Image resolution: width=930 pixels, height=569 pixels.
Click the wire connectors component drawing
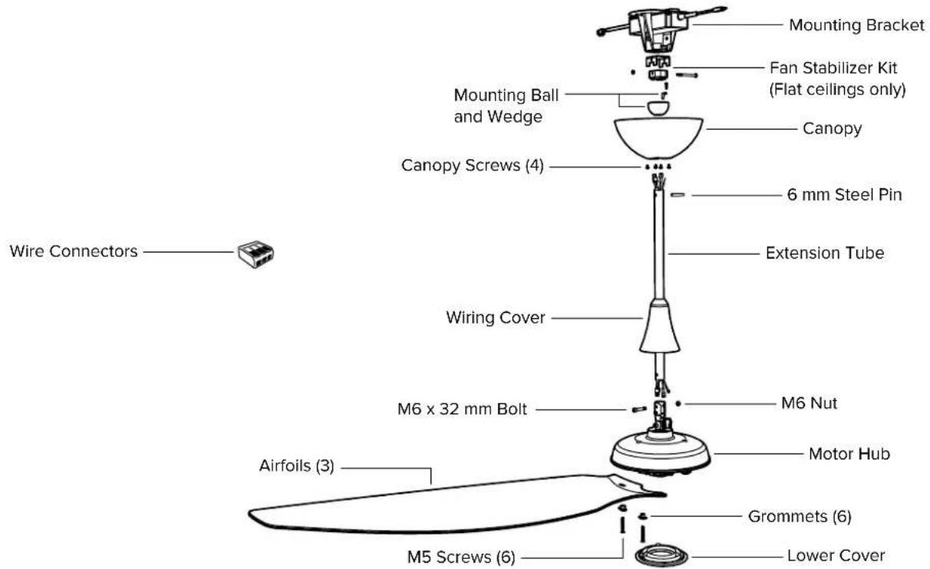pos(256,254)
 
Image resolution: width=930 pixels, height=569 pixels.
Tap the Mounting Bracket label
pos(856,25)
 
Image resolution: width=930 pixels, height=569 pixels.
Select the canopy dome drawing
pos(658,138)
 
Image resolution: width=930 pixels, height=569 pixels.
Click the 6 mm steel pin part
pos(678,194)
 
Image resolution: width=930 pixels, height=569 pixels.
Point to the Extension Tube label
pos(825,253)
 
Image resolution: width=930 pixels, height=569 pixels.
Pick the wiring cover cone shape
pos(660,326)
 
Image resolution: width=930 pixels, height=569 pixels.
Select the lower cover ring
pos(661,556)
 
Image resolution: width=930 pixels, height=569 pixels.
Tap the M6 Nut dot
pos(678,403)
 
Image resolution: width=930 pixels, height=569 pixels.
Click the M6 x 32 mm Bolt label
pos(462,409)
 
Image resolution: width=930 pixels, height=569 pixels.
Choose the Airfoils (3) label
pos(296,465)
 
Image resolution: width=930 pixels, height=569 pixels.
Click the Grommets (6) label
pos(800,517)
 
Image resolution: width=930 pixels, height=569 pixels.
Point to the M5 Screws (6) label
pos(461,557)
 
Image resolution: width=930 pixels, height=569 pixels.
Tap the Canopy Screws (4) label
pos(473,165)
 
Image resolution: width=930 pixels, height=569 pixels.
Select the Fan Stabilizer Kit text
pos(833,67)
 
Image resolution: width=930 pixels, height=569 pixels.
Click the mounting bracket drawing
pos(660,28)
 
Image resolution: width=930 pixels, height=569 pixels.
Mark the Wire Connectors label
pos(74,252)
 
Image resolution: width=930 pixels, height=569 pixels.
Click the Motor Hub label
pos(849,454)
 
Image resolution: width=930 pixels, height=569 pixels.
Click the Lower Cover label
pos(836,556)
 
